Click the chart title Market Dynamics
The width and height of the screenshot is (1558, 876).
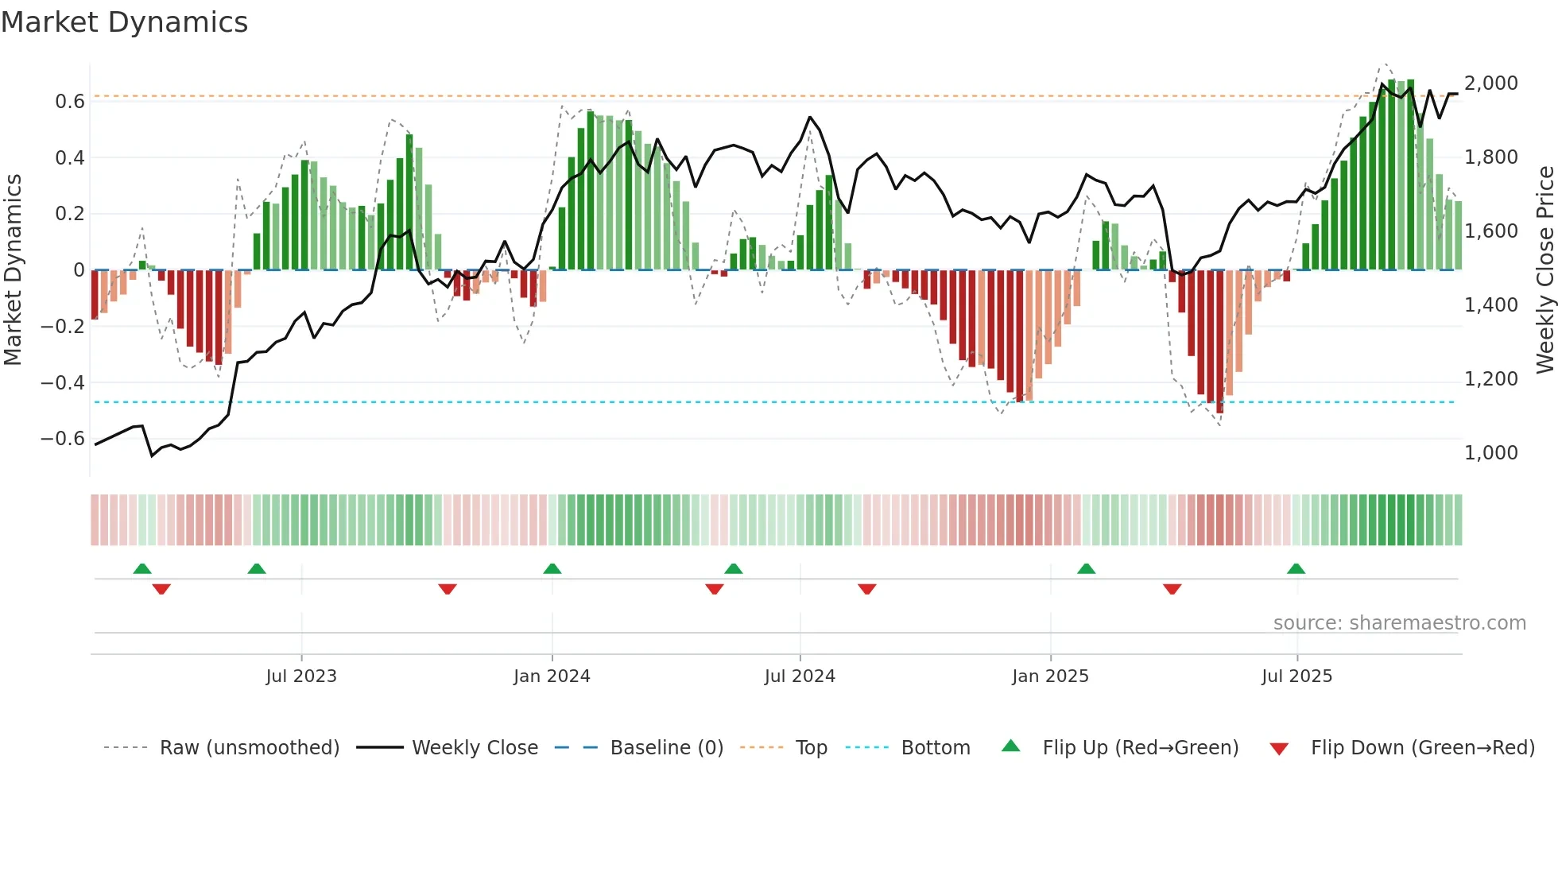pyautogui.click(x=124, y=22)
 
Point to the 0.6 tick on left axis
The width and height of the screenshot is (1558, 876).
pyautogui.click(x=69, y=102)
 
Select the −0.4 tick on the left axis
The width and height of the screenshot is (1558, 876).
pyautogui.click(x=63, y=382)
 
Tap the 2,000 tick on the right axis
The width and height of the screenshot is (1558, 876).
pyautogui.click(x=1490, y=83)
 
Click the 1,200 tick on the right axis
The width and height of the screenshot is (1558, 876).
pyautogui.click(x=1490, y=379)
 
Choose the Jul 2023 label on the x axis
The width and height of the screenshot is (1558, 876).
pyautogui.click(x=301, y=676)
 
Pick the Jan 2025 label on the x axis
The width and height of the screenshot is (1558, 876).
pyautogui.click(x=1050, y=676)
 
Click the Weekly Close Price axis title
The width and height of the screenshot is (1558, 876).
pyautogui.click(x=1544, y=269)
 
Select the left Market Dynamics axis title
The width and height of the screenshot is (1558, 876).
pyautogui.click(x=13, y=269)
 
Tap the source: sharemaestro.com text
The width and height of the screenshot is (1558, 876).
pyautogui.click(x=1399, y=623)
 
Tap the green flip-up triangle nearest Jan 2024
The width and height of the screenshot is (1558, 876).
pyautogui.click(x=552, y=568)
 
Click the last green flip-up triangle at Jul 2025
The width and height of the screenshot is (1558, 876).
pyautogui.click(x=1296, y=568)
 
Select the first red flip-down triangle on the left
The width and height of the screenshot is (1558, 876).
pyautogui.click(x=161, y=589)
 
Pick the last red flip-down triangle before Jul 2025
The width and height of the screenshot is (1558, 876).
pyautogui.click(x=1172, y=589)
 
